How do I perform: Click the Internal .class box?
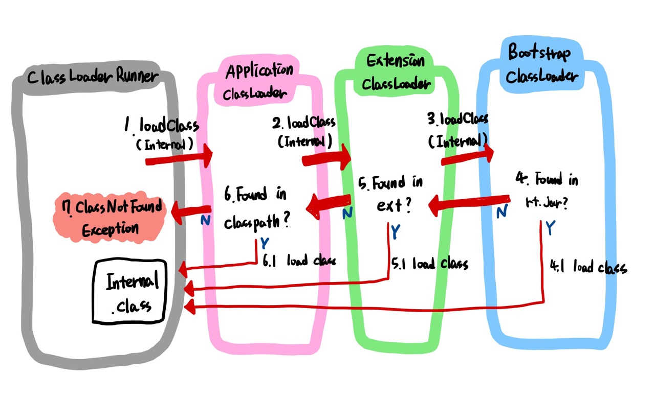[x=129, y=292]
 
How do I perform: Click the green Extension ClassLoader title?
[x=396, y=72]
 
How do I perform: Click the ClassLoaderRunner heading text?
[x=93, y=77]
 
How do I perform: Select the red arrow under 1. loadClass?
[x=179, y=158]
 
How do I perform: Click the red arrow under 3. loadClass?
[x=467, y=156]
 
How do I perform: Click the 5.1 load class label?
[x=430, y=264]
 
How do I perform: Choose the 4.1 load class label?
[x=588, y=267]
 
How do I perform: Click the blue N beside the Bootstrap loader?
[x=502, y=210]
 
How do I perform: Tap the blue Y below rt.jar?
[x=550, y=228]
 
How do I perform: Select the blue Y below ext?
[x=396, y=232]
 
